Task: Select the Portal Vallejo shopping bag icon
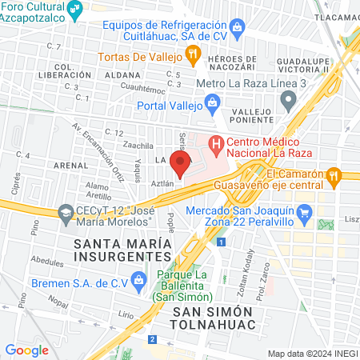point(212,102)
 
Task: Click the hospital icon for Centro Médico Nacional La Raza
point(214,145)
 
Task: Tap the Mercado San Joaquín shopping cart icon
point(303,213)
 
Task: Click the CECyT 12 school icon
point(66,213)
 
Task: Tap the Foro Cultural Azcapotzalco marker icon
point(75,10)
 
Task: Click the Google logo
point(27,350)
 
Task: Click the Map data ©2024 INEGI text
point(312,354)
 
